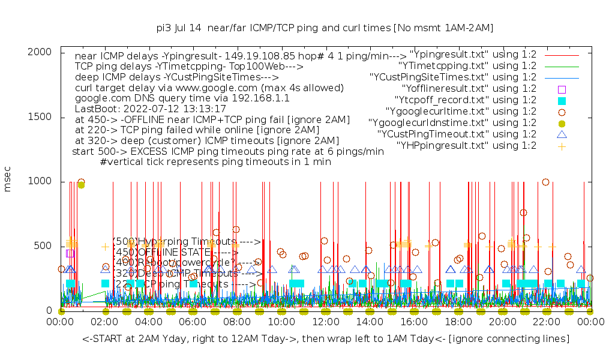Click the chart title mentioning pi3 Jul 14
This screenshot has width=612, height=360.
[325, 28]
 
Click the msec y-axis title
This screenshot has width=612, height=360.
[8, 180]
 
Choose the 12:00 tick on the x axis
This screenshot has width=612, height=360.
[325, 322]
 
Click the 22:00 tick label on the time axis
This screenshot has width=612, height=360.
[546, 322]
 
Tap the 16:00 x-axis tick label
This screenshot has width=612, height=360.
[413, 322]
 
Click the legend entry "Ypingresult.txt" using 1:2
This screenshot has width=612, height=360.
[473, 55]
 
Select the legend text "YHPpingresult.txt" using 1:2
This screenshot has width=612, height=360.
[466, 145]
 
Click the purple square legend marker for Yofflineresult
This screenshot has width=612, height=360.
[562, 89]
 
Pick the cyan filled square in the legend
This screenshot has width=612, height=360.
[562, 100]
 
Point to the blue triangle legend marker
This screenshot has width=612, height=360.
[562, 134]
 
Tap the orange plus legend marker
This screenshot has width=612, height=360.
[562, 145]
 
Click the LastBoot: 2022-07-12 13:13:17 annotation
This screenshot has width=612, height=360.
[150, 109]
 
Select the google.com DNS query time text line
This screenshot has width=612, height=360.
[182, 98]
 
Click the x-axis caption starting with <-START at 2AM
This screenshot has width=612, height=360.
[326, 339]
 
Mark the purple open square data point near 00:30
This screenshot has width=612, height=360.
[70, 253]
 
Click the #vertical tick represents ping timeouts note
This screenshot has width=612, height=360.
[215, 161]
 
